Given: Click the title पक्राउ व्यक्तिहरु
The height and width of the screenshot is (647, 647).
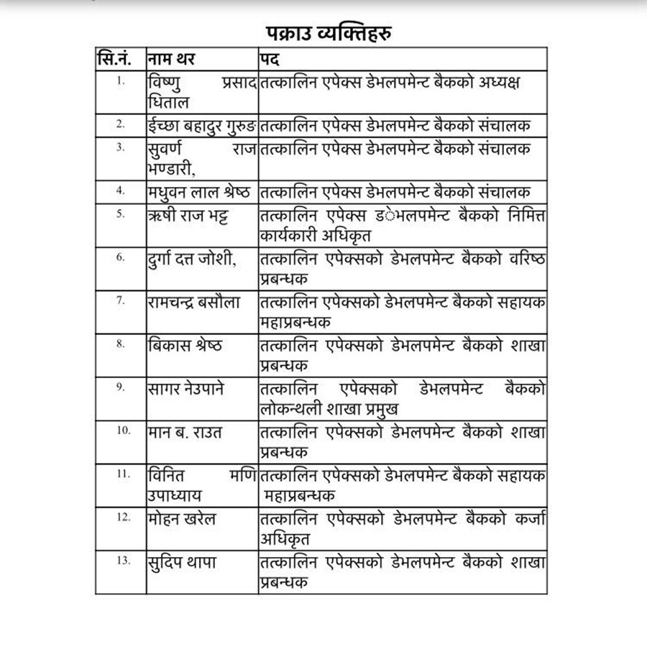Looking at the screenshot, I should pyautogui.click(x=323, y=32).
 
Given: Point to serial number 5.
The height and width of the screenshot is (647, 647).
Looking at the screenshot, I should pyautogui.click(x=120, y=214).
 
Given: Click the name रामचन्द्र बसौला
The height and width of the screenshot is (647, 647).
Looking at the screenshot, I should pyautogui.click(x=193, y=303).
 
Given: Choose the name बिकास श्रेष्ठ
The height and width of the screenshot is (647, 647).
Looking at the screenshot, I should pyautogui.click(x=184, y=346).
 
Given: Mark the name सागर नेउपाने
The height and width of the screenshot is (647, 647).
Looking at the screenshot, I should pyautogui.click(x=185, y=389).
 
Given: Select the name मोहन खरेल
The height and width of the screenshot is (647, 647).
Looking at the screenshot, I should pyautogui.click(x=181, y=518).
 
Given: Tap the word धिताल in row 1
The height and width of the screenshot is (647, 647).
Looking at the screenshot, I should pyautogui.click(x=168, y=102).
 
